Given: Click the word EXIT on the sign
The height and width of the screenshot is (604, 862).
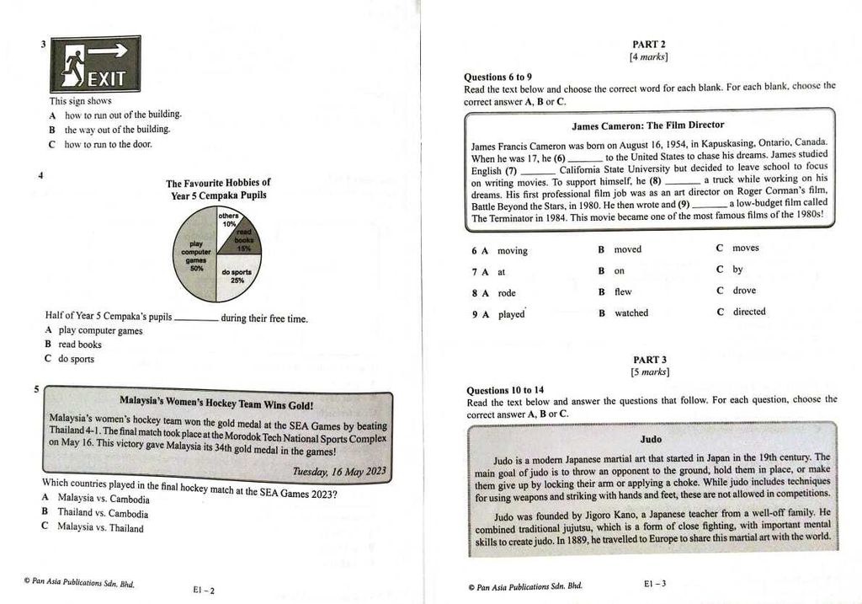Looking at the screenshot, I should coord(107,79).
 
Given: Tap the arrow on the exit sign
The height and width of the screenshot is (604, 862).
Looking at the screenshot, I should coord(108,51).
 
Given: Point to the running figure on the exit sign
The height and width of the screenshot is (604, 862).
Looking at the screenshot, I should coord(73,67).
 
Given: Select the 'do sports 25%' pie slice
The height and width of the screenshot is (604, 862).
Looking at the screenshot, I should coord(238,278).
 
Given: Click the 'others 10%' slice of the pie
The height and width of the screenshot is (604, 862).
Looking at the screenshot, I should coord(228,220).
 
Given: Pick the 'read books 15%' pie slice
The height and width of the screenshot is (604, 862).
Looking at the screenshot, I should coord(243,239).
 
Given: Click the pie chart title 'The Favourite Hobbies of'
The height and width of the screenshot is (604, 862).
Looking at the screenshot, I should coord(218,183).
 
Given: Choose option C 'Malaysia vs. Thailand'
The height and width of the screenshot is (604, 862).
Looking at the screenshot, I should coord(100,528).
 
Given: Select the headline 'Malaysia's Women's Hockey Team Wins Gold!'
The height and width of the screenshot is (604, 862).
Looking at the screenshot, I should coord(216,404).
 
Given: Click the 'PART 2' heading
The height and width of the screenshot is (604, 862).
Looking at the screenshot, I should coord(649,45).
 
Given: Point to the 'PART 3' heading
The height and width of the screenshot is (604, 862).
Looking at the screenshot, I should coord(650,360).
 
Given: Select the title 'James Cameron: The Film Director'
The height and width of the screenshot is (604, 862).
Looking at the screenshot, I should coord(647,126).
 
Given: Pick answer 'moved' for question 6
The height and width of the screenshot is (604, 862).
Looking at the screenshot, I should coord(627,249).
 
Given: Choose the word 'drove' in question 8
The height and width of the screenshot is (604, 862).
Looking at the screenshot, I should coord(744,291).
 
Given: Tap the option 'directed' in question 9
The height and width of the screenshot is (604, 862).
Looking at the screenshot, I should coord(749,312).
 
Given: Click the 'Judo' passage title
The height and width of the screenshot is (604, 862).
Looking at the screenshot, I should coord(651,439).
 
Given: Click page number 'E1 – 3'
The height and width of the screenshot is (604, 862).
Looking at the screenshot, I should coord(655,583).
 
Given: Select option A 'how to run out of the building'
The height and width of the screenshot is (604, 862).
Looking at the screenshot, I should coord(122,115).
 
